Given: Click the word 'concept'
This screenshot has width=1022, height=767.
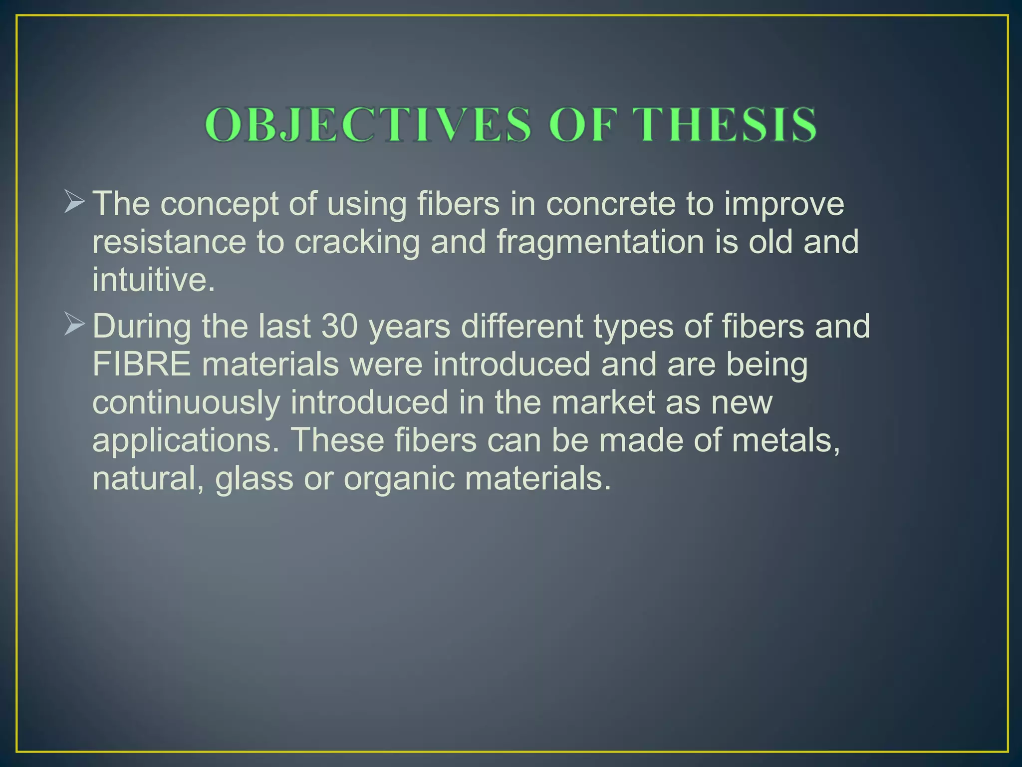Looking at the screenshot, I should pyautogui.click(x=219, y=205).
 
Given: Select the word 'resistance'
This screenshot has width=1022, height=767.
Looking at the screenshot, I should pyautogui.click(x=169, y=242).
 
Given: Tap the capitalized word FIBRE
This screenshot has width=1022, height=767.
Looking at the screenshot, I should pyautogui.click(x=142, y=365).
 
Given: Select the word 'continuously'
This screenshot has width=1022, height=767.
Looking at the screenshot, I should pyautogui.click(x=186, y=403).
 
